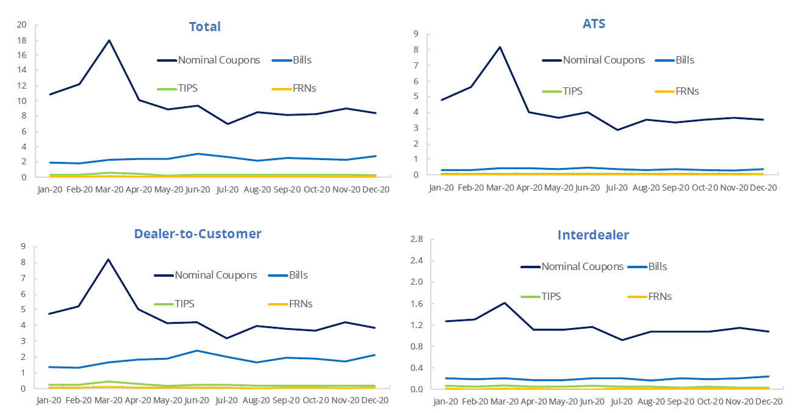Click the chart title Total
(x=204, y=27)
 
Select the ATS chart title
(x=594, y=24)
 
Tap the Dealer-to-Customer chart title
(x=198, y=233)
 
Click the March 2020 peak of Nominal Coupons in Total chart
(x=109, y=40)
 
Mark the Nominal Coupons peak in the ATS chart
(x=500, y=47)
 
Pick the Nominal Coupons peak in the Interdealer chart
(x=505, y=302)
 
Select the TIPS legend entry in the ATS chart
(x=572, y=91)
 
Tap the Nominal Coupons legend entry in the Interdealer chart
(x=582, y=266)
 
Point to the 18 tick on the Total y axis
(x=23, y=40)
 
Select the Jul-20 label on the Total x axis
(x=228, y=189)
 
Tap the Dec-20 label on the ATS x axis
(x=762, y=188)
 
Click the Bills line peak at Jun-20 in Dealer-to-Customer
(x=197, y=351)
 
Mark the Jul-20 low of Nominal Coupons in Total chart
(x=228, y=124)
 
